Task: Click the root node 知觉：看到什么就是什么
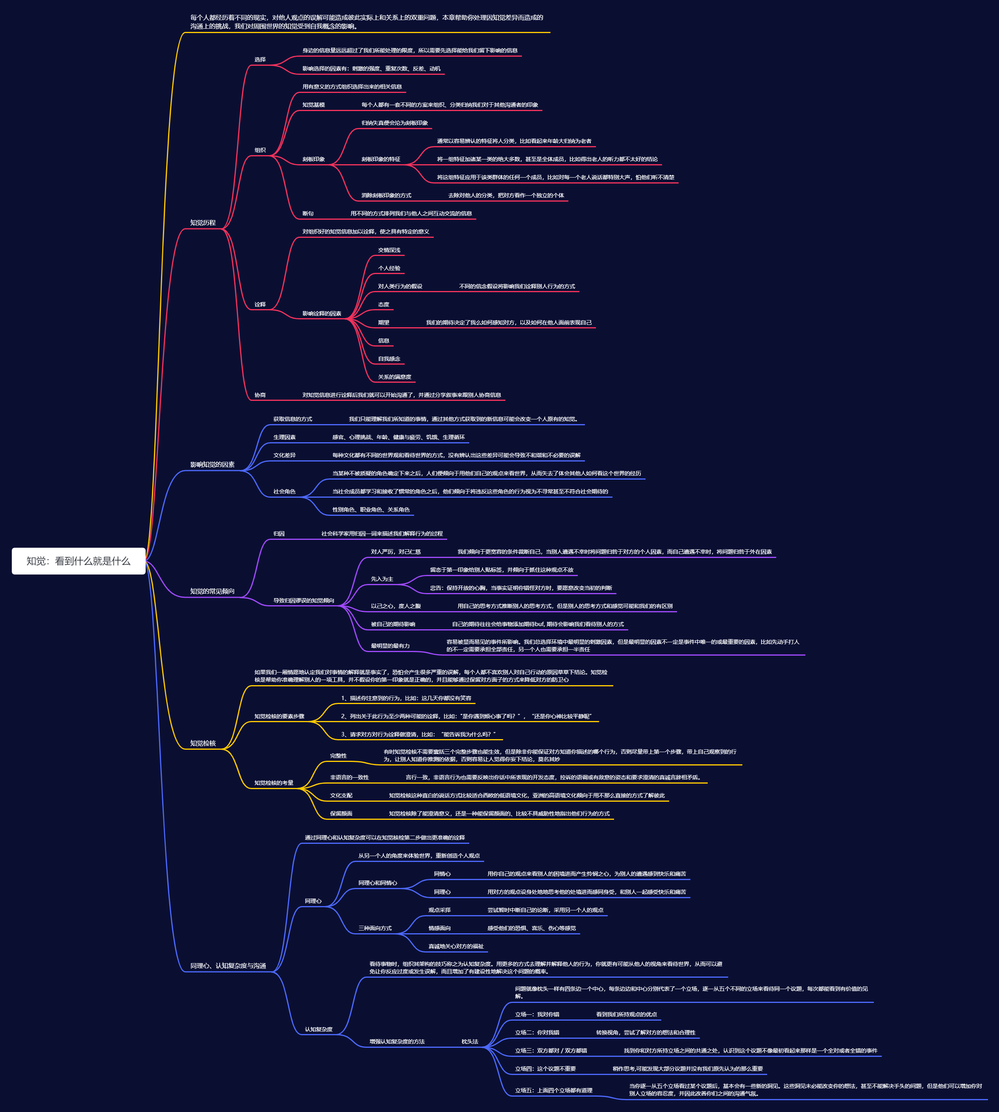coord(78,561)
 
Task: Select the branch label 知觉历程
coord(203,223)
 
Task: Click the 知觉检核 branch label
coord(203,743)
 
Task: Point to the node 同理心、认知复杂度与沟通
coord(228,966)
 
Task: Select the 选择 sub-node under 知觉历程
coord(260,60)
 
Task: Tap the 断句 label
coord(308,213)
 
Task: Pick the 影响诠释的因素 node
coord(322,313)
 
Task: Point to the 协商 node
coord(260,395)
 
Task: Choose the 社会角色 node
coord(284,491)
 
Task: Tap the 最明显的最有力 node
coord(390,646)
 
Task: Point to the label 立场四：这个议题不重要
coord(545,1069)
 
